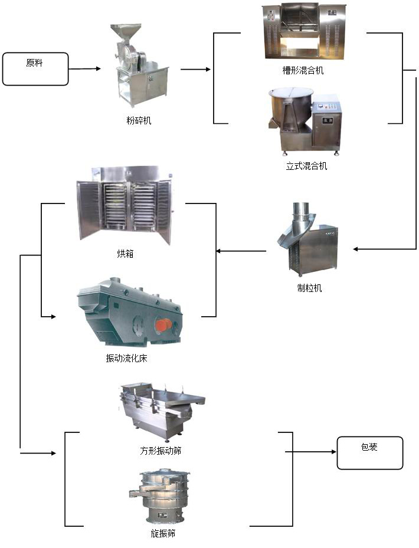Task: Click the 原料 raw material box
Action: [35, 69]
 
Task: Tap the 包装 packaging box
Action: [369, 452]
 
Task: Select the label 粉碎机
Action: [139, 120]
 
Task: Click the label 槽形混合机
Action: [303, 71]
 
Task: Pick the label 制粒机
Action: [309, 288]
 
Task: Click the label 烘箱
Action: [125, 254]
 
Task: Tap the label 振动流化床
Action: [126, 358]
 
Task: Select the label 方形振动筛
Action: [161, 451]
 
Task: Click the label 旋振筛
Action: [162, 533]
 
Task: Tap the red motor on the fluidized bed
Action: [163, 325]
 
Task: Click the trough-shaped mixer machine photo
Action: [303, 32]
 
